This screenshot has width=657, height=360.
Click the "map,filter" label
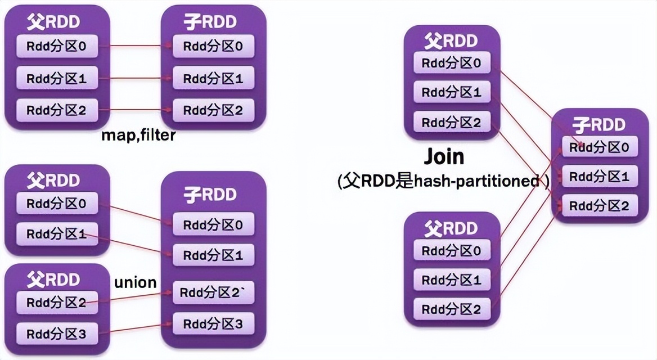click(138, 135)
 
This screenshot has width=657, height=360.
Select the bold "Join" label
click(444, 156)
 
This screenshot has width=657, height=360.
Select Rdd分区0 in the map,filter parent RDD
click(57, 47)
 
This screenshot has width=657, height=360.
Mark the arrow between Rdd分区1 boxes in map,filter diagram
click(135, 79)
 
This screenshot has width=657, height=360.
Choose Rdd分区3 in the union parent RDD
click(57, 334)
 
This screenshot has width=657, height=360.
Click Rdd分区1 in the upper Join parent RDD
click(452, 92)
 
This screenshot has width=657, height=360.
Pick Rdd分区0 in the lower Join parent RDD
click(452, 250)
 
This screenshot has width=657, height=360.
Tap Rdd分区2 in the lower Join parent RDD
click(452, 309)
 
